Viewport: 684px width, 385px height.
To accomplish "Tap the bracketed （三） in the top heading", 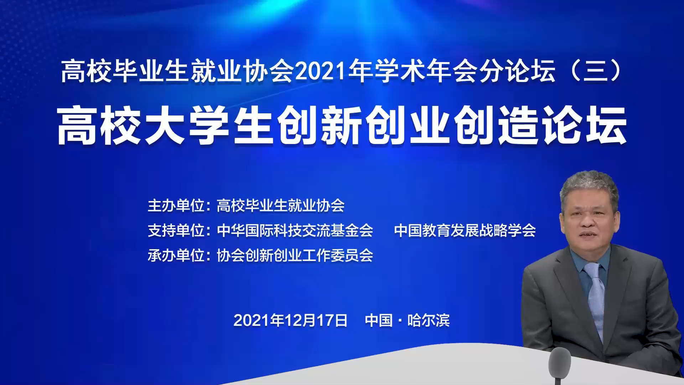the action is click(596, 71).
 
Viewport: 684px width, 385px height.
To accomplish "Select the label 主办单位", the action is click(176, 206).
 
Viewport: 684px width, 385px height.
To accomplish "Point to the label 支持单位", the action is click(176, 231).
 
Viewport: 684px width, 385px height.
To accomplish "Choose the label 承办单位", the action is click(176, 256).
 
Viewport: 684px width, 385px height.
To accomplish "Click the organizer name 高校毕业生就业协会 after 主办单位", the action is click(281, 206).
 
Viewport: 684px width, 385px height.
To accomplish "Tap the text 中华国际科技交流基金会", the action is click(295, 231).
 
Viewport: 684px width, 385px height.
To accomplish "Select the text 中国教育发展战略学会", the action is click(465, 231).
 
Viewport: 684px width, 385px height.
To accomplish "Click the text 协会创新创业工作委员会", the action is click(295, 256).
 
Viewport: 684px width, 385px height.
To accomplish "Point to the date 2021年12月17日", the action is click(290, 320).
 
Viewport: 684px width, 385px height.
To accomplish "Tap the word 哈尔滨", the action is click(429, 320).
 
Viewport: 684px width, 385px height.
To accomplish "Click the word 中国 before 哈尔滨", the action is click(379, 320).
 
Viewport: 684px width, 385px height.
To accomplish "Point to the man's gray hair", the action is click(590, 185).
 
